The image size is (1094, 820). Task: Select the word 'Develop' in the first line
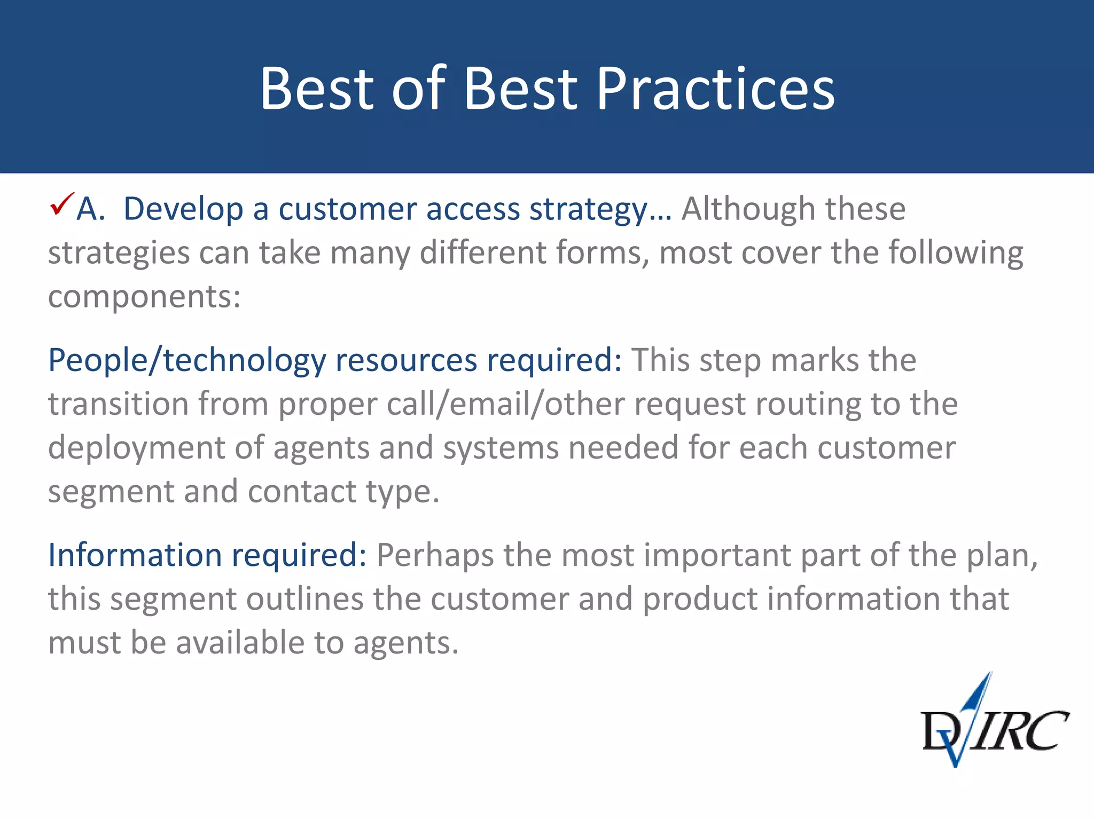coord(183,209)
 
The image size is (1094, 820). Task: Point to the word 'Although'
coord(748,209)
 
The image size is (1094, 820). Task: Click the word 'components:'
coord(144,297)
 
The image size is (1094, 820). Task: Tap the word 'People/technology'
coord(186,361)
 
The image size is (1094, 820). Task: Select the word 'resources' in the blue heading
coord(406,361)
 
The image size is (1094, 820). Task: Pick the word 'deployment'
coord(136,448)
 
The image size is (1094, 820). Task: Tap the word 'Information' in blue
coord(135,556)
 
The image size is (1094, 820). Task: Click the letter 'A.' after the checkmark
coord(90,209)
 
